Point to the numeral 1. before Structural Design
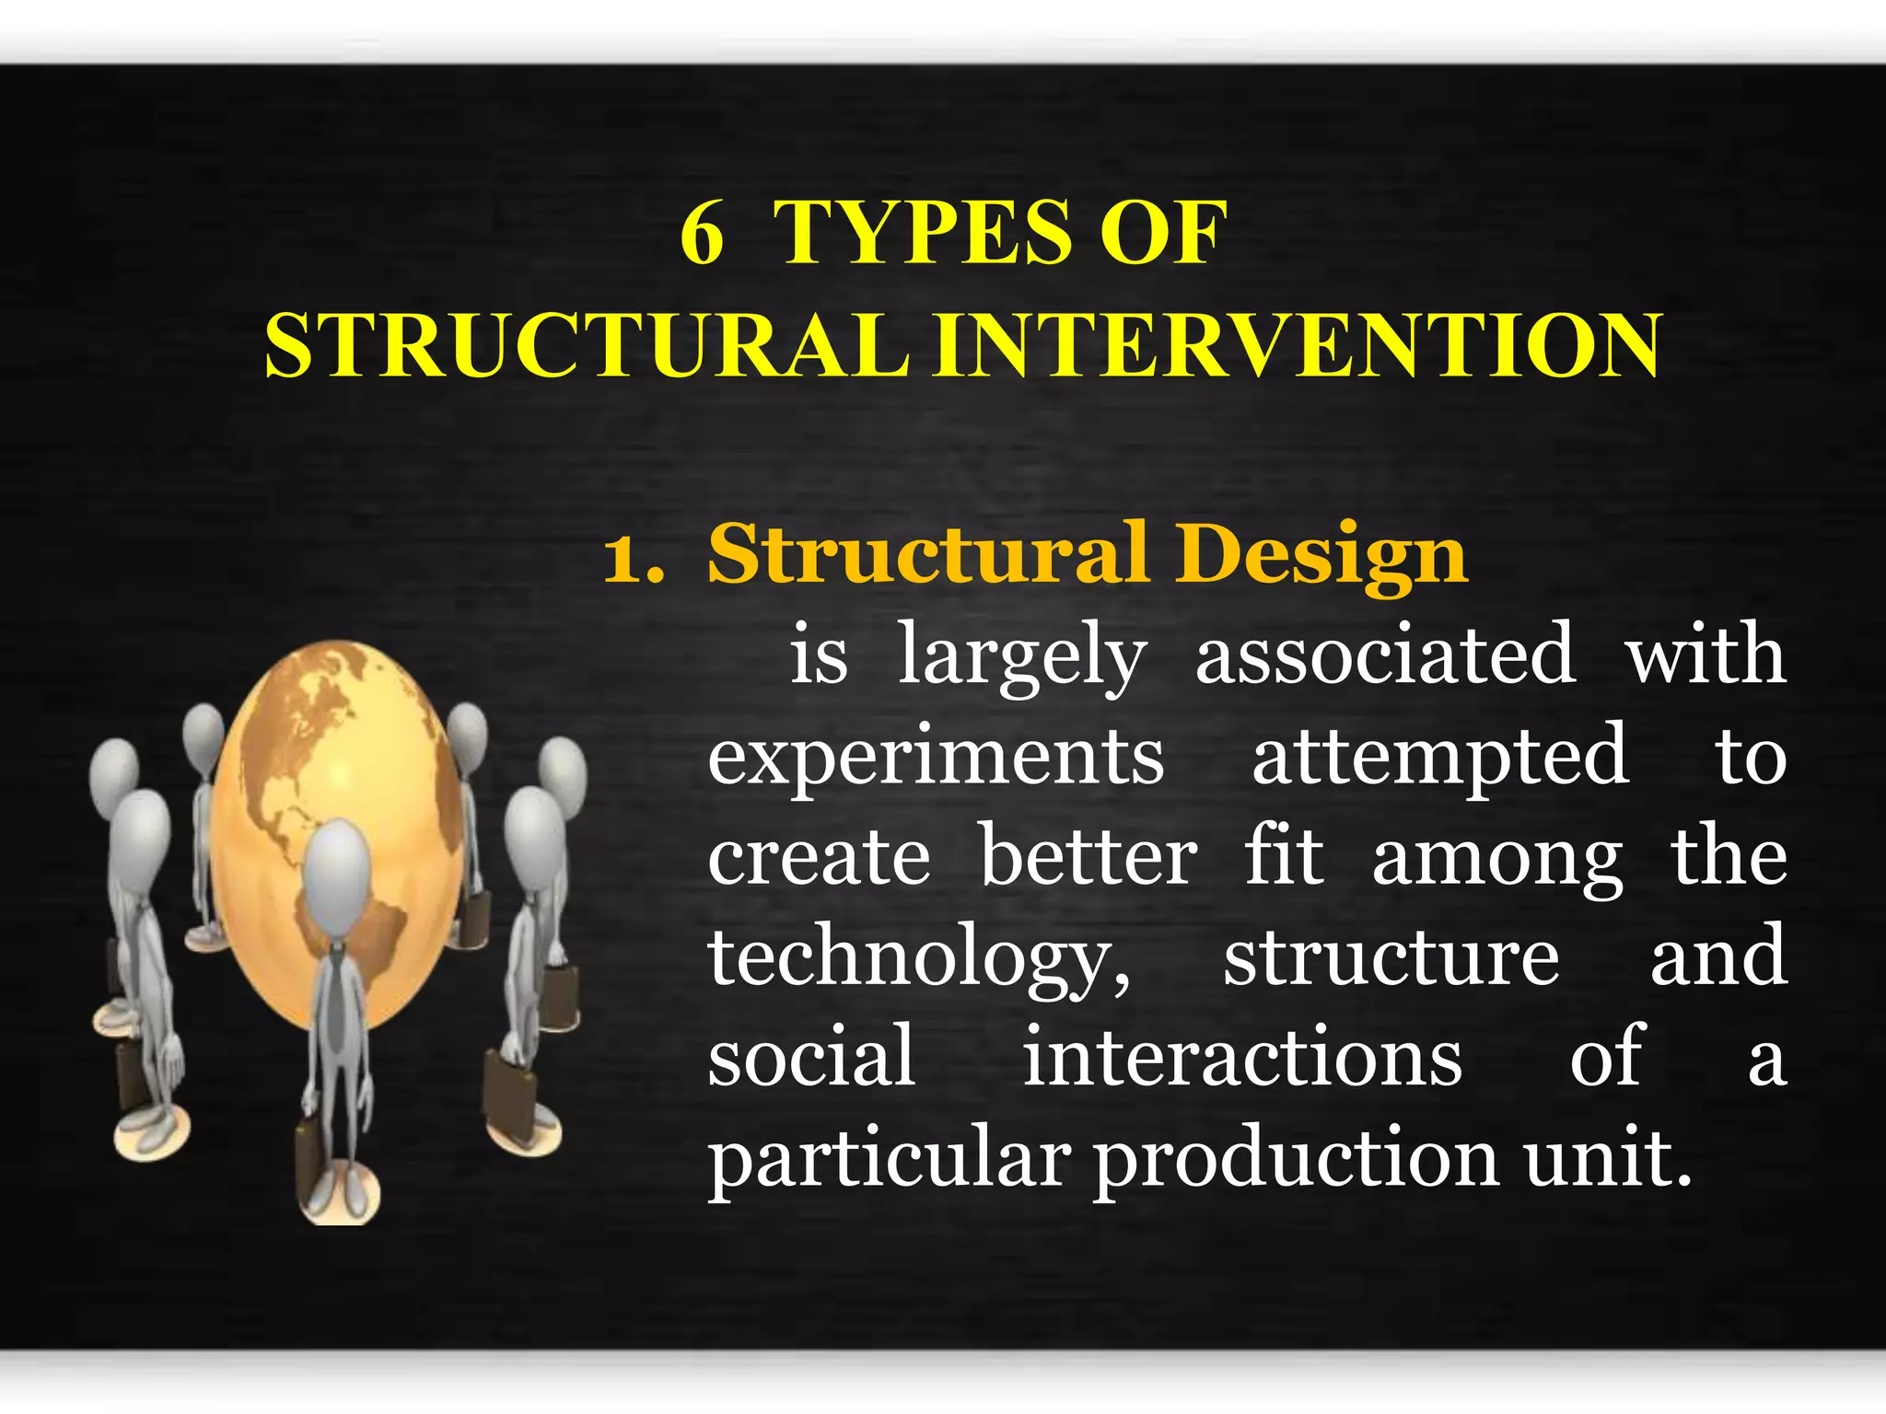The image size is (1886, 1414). click(633, 558)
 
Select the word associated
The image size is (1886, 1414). click(1385, 655)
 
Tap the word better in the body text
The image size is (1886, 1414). click(1088, 858)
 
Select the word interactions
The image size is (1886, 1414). click(1242, 1059)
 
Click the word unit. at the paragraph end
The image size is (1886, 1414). click(1608, 1158)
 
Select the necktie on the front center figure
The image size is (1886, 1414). click(337, 994)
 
